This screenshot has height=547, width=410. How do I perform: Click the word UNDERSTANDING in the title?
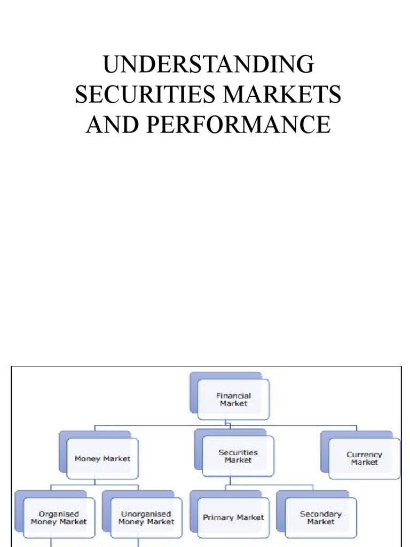click(x=208, y=65)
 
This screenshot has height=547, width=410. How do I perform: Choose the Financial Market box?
click(x=233, y=400)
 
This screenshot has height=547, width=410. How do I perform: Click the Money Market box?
click(x=102, y=458)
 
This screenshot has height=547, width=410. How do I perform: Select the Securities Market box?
click(x=238, y=456)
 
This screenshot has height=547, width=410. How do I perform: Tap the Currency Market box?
click(x=365, y=458)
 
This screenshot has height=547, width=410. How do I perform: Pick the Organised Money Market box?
click(x=59, y=518)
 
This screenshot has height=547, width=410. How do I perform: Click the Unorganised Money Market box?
click(x=146, y=518)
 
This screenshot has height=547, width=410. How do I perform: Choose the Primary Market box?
click(x=233, y=518)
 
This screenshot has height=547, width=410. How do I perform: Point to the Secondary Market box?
click(x=320, y=518)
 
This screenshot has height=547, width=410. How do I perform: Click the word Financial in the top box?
click(x=233, y=396)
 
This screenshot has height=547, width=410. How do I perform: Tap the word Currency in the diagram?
click(x=365, y=455)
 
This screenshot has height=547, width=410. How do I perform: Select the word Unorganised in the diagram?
click(x=146, y=514)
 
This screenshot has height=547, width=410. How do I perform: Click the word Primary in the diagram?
click(x=218, y=518)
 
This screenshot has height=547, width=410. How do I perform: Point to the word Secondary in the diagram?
click(x=320, y=514)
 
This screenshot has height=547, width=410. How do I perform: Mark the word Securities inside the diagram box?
click(x=238, y=452)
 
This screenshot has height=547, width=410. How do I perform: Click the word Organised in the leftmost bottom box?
click(x=59, y=514)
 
